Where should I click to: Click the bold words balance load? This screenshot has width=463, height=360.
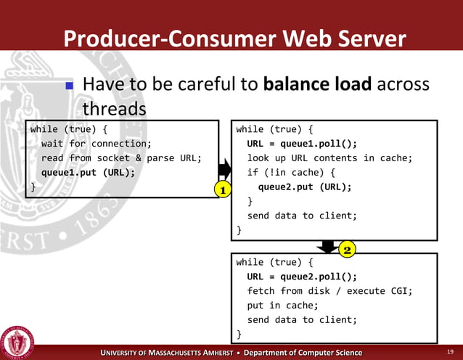tap(318, 85)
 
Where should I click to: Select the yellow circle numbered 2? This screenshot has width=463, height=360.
tap(347, 250)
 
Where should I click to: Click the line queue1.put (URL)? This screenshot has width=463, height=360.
tap(88, 173)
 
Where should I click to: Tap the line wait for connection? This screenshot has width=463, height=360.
tap(96, 144)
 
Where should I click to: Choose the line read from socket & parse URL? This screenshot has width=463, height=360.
tap(120, 158)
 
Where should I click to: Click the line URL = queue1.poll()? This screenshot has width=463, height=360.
tap(302, 144)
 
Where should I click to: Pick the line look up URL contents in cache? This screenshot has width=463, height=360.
tap(329, 158)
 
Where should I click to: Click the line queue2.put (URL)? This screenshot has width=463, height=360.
tap(305, 187)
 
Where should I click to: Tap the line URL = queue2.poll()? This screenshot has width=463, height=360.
tap(302, 277)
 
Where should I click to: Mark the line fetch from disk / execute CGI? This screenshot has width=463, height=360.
tap(329, 291)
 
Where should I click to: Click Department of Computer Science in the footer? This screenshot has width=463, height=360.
tap(303, 353)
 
